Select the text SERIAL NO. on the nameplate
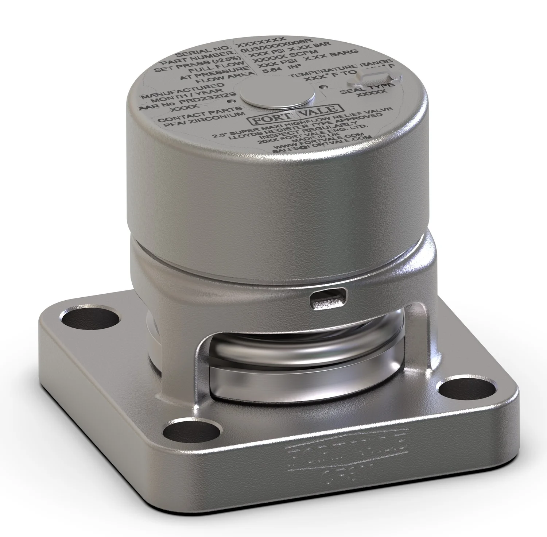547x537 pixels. [206, 51]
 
